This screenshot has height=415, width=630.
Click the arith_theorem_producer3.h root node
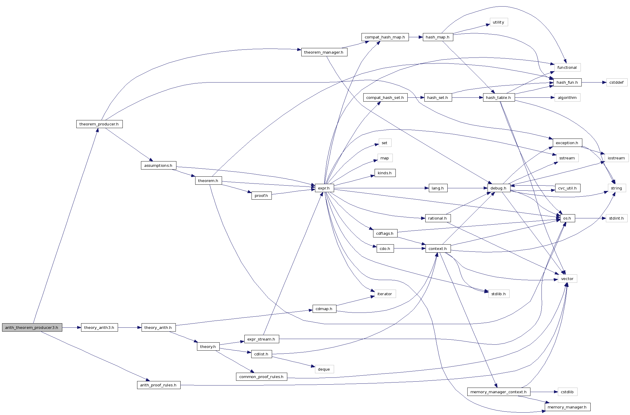(32, 327)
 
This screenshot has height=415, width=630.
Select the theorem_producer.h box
(99, 124)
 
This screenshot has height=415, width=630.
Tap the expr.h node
(324, 188)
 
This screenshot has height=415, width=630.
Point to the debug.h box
(499, 188)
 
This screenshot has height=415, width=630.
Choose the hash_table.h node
(499, 98)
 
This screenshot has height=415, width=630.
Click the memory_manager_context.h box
(499, 392)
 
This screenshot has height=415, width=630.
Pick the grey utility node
(499, 22)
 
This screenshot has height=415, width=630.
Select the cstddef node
(617, 83)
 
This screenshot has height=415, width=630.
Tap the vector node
(567, 279)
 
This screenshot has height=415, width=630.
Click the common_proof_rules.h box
(261, 377)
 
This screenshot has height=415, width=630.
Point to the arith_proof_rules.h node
(159, 385)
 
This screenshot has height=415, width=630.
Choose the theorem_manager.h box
(324, 52)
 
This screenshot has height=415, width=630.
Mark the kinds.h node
(385, 173)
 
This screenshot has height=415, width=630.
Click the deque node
(324, 369)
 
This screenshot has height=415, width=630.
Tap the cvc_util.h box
(567, 188)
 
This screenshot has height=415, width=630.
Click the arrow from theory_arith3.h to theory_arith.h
(130, 327)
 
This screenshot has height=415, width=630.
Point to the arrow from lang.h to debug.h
(467, 188)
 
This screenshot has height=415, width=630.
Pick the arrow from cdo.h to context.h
(409, 248)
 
